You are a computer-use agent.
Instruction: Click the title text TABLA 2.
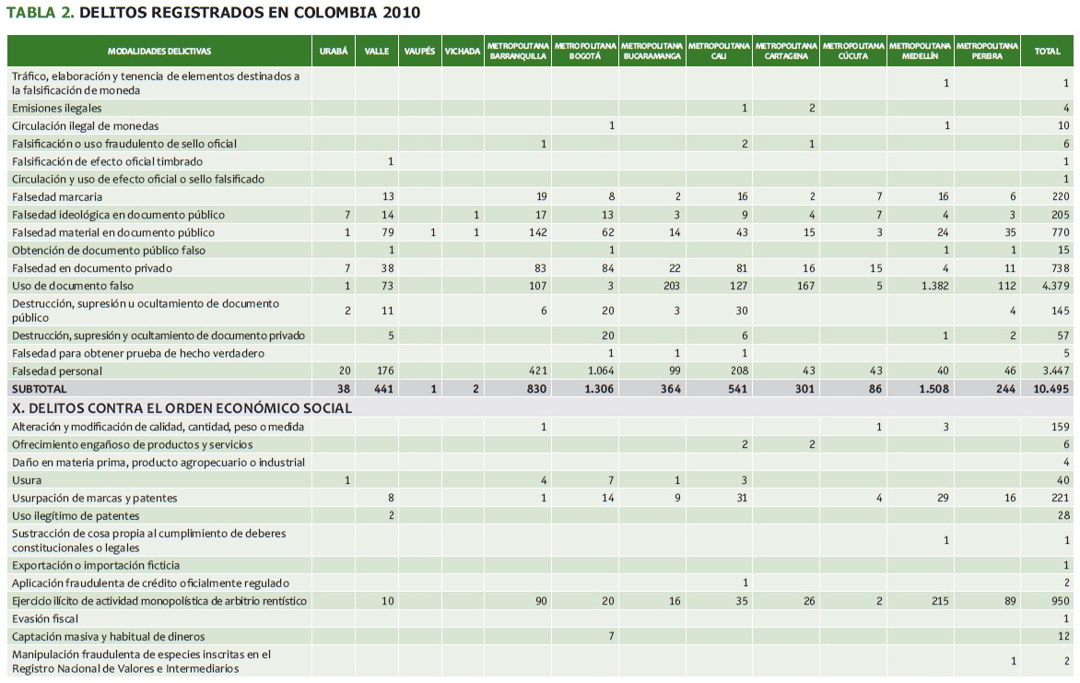(40, 13)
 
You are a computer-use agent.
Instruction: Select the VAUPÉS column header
(419, 52)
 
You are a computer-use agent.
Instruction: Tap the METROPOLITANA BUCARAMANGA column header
(651, 51)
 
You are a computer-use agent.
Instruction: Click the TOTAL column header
(1047, 52)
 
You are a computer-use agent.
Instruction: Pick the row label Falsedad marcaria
(57, 196)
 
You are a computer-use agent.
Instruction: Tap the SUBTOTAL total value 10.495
(1049, 389)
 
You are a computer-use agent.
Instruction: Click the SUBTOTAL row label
(40, 389)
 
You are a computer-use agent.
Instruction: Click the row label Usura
(27, 480)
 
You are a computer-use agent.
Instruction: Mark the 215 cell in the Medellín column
(939, 601)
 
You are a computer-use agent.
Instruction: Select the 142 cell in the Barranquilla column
(537, 232)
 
